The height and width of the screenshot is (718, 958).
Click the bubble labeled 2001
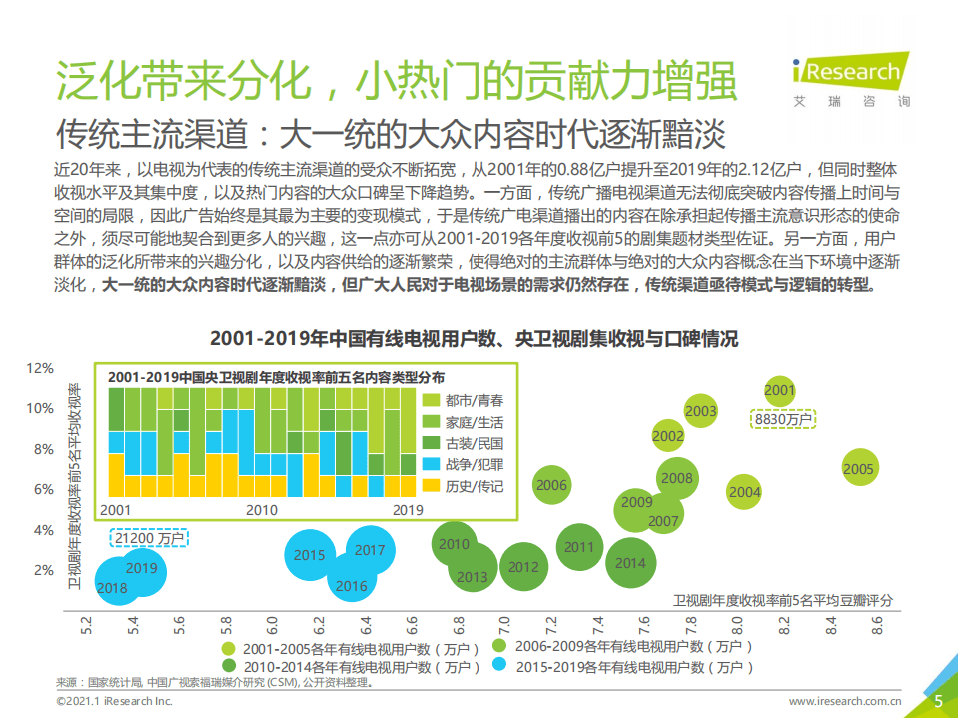tap(779, 390)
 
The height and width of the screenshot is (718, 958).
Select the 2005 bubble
tap(858, 469)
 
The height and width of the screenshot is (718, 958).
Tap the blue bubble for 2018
tap(112, 588)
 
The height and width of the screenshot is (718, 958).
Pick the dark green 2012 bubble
tap(523, 567)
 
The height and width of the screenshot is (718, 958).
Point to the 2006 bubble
tap(551, 486)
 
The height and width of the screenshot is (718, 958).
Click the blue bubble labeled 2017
tap(370, 550)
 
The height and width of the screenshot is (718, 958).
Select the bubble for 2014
tap(630, 563)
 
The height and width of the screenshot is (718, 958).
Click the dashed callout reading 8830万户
tap(783, 420)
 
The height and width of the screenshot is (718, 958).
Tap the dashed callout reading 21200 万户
tap(150, 538)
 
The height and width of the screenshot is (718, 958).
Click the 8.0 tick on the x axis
tap(738, 627)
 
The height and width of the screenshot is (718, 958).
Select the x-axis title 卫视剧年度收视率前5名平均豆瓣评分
tap(782, 600)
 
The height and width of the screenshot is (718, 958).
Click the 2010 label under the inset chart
tap(261, 510)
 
